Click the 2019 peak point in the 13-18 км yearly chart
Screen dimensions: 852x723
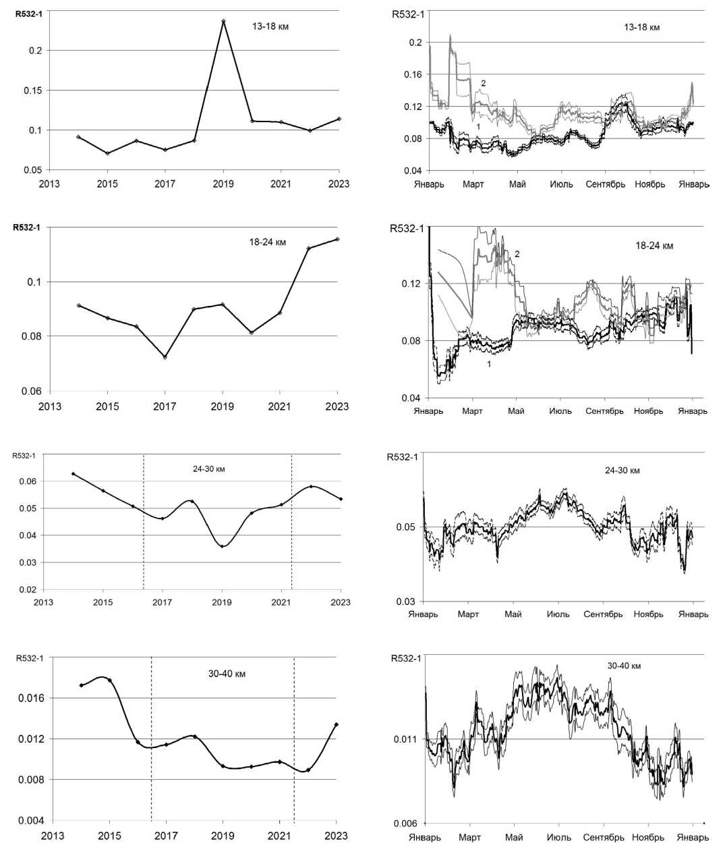(x=223, y=21)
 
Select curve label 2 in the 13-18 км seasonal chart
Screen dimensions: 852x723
(x=483, y=83)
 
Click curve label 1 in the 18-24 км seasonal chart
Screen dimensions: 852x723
(x=489, y=364)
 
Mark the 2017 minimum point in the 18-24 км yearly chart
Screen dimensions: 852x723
(x=165, y=357)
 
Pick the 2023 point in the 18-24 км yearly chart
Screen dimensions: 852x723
(x=337, y=239)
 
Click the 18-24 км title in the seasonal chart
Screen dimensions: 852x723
(x=654, y=246)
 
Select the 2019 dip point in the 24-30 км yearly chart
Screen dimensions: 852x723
(x=222, y=546)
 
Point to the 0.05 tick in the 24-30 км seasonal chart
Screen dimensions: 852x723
(x=409, y=527)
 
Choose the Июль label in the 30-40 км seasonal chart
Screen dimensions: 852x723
(x=558, y=838)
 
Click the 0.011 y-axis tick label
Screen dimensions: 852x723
(x=405, y=739)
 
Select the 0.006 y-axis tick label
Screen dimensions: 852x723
(x=404, y=824)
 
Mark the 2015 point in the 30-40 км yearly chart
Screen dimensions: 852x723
(x=110, y=680)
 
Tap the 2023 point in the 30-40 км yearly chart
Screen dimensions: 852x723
(x=336, y=725)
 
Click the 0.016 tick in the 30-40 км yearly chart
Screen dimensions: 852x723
(x=31, y=698)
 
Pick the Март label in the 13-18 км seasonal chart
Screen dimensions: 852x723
(x=473, y=184)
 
